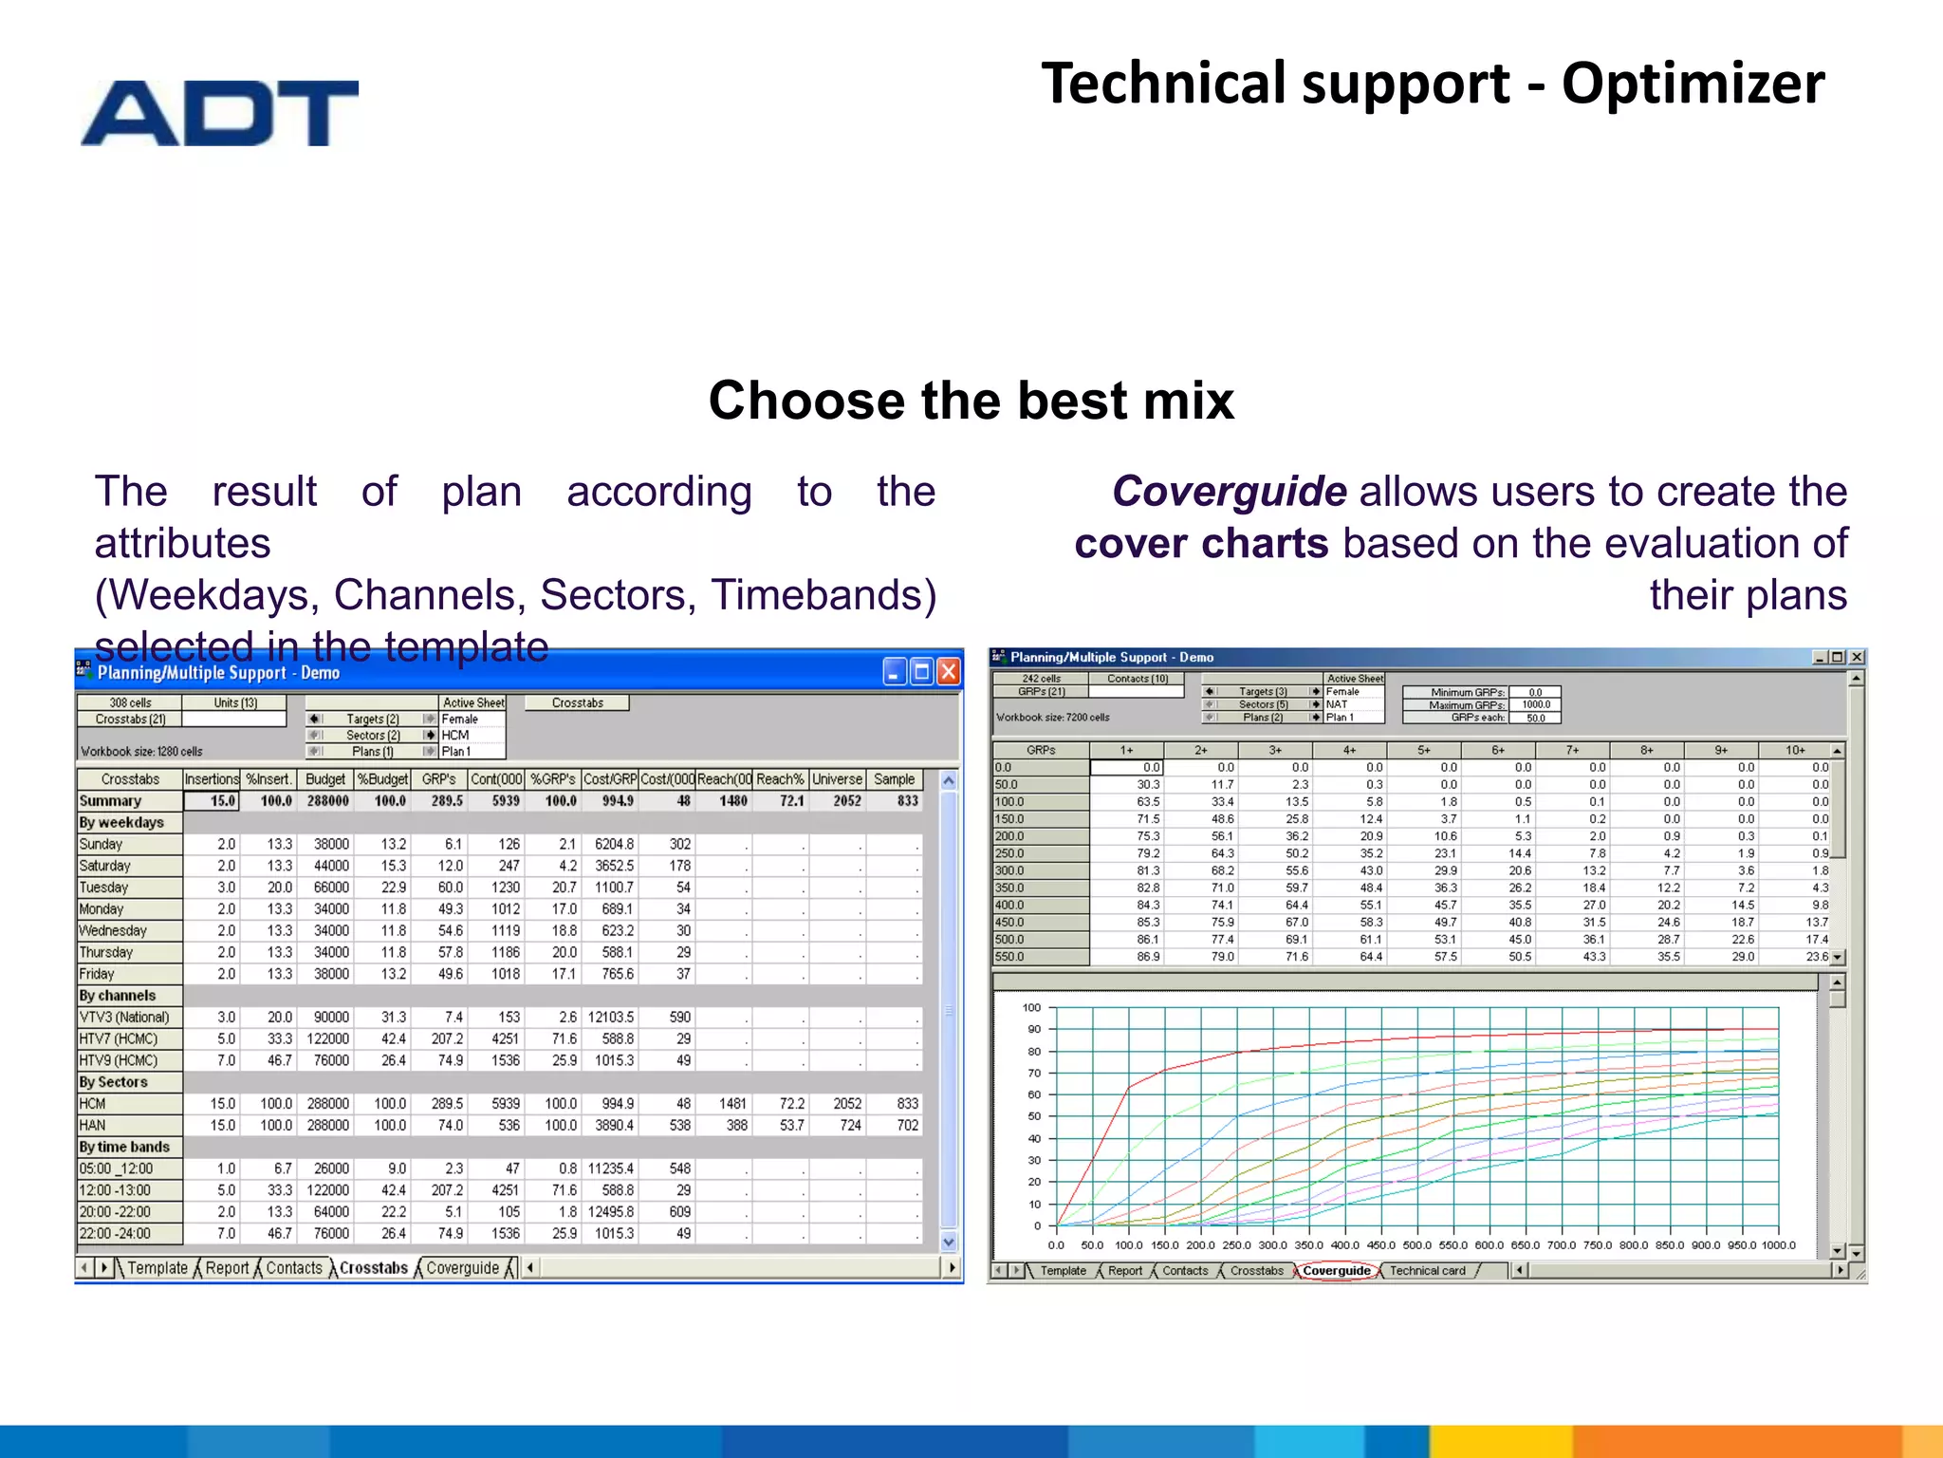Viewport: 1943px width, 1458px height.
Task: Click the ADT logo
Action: (x=219, y=113)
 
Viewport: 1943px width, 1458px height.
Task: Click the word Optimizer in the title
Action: (x=1693, y=84)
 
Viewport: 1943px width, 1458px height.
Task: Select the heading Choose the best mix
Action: (x=971, y=401)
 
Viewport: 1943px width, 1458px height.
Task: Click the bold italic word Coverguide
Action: (x=1229, y=492)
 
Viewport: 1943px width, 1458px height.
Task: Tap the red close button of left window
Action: (x=948, y=672)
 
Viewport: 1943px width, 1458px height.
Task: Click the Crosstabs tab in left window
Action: (x=373, y=1268)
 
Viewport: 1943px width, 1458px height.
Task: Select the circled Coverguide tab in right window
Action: (x=1336, y=1271)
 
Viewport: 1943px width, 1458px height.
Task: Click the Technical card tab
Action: (x=1427, y=1271)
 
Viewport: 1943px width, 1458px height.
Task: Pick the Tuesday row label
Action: (x=104, y=888)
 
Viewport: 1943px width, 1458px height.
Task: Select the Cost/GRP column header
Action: (x=609, y=779)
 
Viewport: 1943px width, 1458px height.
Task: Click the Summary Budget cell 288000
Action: (x=327, y=801)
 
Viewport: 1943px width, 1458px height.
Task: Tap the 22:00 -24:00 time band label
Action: (x=115, y=1234)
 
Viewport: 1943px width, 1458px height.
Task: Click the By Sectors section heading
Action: (x=114, y=1082)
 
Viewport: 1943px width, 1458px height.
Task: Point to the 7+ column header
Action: (x=1572, y=750)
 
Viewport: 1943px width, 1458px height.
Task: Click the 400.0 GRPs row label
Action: (x=1009, y=906)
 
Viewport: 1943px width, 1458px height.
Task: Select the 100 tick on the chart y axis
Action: (x=1031, y=1008)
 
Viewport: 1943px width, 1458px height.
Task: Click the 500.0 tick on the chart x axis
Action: (x=1416, y=1245)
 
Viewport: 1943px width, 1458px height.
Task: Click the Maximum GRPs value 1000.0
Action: (x=1535, y=705)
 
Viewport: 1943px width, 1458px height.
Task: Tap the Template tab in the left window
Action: (x=157, y=1268)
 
